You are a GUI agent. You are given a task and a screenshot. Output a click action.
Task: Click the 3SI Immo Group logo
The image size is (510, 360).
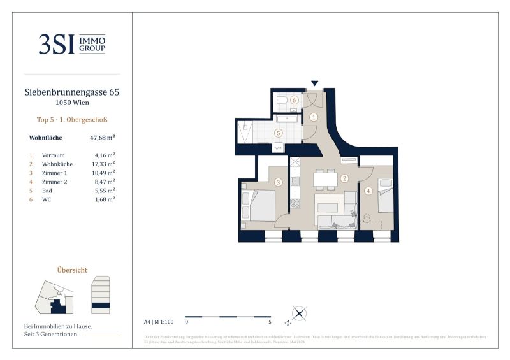(71, 44)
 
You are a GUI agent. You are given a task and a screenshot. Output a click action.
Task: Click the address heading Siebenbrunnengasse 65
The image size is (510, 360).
(71, 92)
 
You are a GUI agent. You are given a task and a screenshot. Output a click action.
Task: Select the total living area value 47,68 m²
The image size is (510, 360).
(102, 137)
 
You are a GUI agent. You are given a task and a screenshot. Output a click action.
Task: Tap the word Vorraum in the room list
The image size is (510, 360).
(52, 155)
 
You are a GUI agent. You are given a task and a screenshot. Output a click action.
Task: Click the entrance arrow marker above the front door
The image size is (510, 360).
(314, 83)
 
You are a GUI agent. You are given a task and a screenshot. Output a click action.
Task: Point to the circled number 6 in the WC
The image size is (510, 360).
(294, 100)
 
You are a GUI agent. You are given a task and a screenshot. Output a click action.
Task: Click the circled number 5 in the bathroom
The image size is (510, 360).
(278, 133)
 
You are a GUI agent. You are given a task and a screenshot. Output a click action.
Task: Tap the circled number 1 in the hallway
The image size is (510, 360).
(314, 117)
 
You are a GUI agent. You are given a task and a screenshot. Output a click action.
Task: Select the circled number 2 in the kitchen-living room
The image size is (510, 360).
(344, 179)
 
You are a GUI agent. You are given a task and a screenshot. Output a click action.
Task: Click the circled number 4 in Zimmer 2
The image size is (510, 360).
(368, 190)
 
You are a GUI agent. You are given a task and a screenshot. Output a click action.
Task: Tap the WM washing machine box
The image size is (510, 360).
(278, 148)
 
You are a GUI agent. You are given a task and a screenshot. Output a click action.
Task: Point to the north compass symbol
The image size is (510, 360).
(299, 313)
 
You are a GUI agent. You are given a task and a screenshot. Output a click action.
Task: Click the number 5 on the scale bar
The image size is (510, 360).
(270, 322)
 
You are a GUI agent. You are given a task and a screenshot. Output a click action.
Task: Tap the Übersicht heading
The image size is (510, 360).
(71, 270)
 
